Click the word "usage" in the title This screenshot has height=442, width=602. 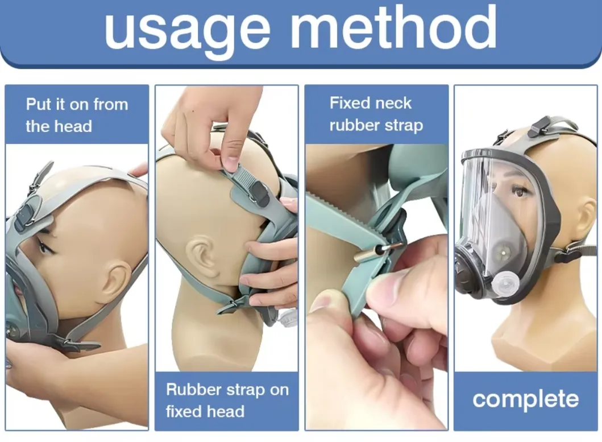coord(188,32)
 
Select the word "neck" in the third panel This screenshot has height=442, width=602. coord(392,103)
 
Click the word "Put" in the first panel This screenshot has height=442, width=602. coord(38,104)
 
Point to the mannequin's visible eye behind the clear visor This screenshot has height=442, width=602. coord(520,191)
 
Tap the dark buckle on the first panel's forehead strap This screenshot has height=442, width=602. coord(24,215)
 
